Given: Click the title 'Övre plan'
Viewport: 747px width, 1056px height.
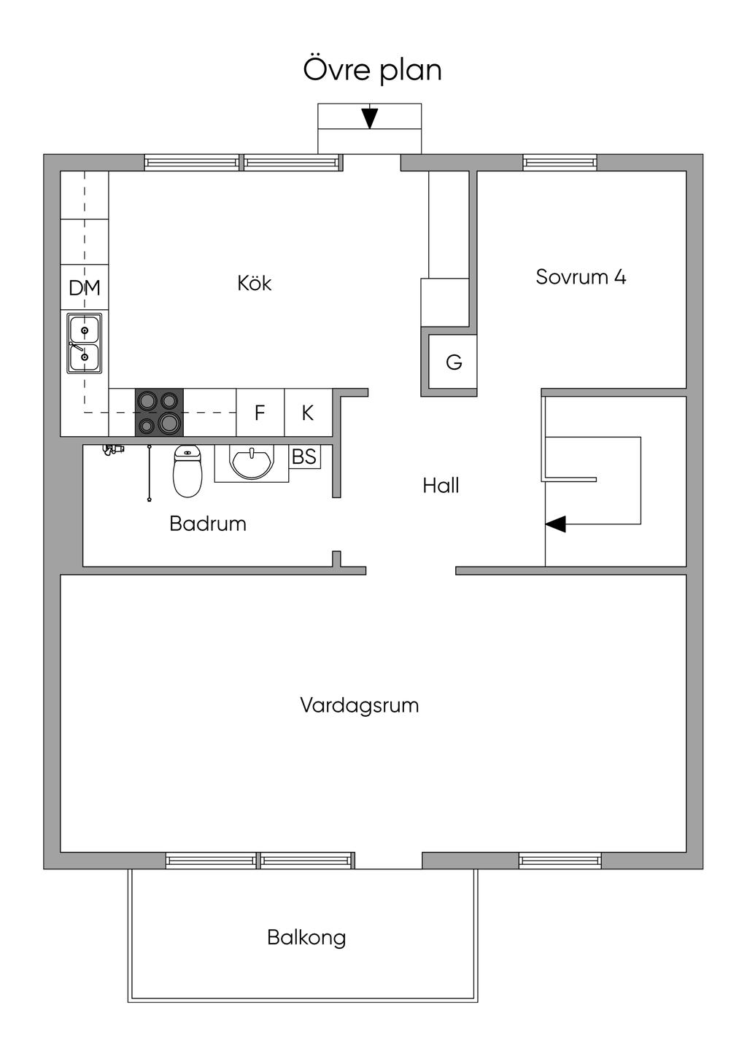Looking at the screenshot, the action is pyautogui.click(x=372, y=70).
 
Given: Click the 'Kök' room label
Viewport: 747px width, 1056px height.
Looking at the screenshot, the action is pyautogui.click(x=254, y=283).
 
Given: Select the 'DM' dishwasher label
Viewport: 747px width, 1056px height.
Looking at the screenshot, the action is pyautogui.click(x=85, y=287).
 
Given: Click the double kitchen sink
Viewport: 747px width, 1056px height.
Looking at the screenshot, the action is pyautogui.click(x=85, y=343).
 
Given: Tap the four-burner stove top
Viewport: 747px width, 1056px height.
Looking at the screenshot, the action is pyautogui.click(x=160, y=413).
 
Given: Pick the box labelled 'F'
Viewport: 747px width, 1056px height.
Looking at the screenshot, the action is pyautogui.click(x=260, y=413).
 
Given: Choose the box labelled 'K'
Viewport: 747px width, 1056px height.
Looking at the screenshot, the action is pyautogui.click(x=309, y=413).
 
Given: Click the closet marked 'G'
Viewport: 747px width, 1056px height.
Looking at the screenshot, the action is pyautogui.click(x=453, y=362).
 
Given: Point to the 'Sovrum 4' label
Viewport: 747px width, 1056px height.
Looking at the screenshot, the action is pyautogui.click(x=581, y=276).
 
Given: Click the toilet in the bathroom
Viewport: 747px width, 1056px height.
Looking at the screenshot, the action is pyautogui.click(x=187, y=471).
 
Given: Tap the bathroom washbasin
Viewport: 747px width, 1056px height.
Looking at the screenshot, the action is pyautogui.click(x=252, y=463).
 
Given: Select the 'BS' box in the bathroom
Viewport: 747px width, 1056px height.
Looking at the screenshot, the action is pyautogui.click(x=304, y=457).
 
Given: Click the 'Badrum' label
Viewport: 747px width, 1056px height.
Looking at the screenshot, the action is pyautogui.click(x=208, y=524).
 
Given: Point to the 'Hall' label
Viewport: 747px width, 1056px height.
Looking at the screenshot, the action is pyautogui.click(x=441, y=486).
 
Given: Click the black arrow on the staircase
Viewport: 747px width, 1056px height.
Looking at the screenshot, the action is pyautogui.click(x=556, y=524).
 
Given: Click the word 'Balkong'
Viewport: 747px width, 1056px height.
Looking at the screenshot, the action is pyautogui.click(x=306, y=937).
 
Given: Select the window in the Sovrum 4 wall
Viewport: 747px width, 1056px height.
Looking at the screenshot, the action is pyautogui.click(x=560, y=163).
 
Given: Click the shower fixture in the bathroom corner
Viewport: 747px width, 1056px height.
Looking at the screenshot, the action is pyautogui.click(x=113, y=449).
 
